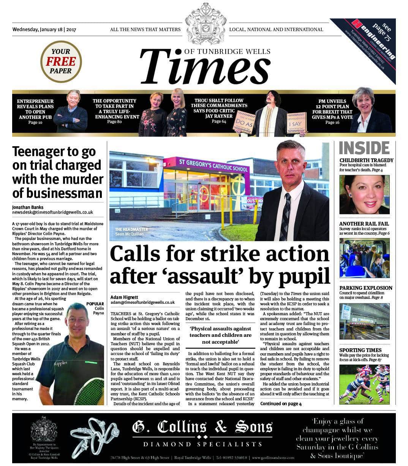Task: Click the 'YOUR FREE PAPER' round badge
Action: pos(61,62)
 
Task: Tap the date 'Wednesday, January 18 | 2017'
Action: pos(44,30)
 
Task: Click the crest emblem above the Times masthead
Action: pos(205,23)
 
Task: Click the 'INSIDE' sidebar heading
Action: pos(364,148)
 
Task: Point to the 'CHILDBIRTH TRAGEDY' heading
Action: pos(366,160)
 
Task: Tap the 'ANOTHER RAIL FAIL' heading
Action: pos(364,224)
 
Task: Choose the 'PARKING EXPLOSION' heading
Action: pos(365,288)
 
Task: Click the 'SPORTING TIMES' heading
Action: pos(360,350)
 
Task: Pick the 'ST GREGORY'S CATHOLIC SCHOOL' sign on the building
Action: pos(214,166)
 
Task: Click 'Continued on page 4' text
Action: pos(281,404)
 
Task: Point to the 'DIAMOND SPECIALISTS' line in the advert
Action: pos(202,444)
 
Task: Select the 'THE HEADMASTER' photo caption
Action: pos(131,230)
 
